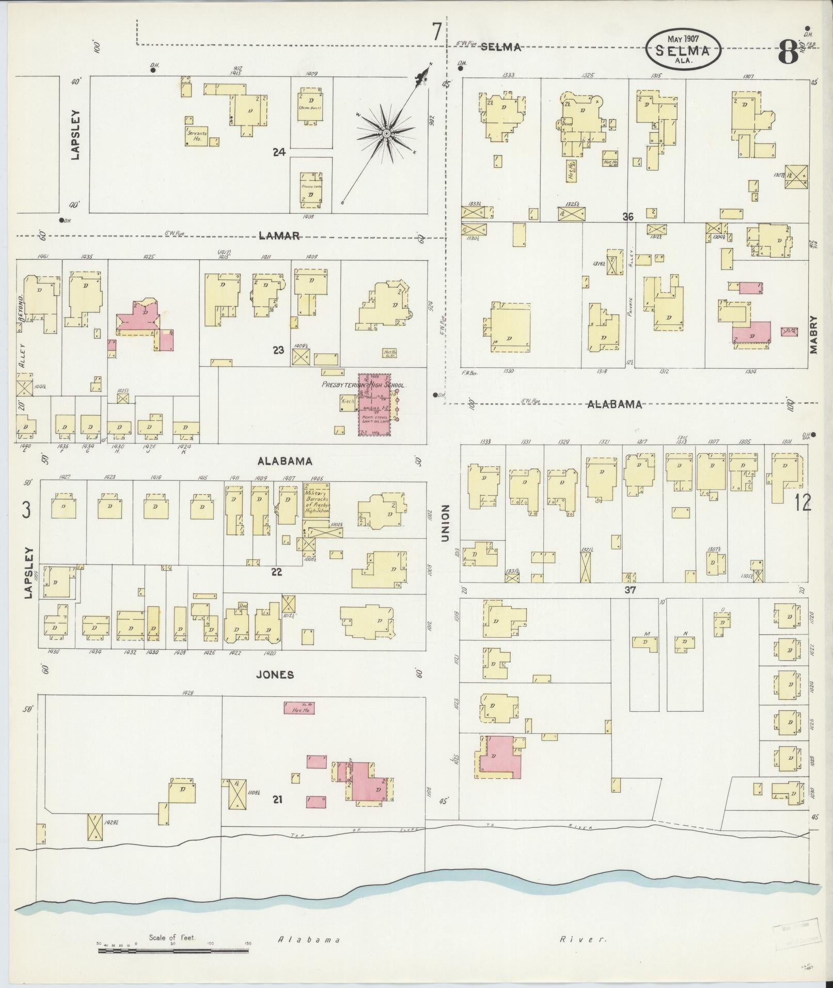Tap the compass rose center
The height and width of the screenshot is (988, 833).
386,134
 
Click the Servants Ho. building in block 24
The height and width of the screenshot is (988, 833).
197,135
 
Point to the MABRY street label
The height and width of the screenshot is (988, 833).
814,334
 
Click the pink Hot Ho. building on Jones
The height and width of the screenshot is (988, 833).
300,708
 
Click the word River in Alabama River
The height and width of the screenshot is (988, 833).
583,939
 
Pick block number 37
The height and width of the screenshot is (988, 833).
629,590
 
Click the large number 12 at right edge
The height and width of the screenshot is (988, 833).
803,502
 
